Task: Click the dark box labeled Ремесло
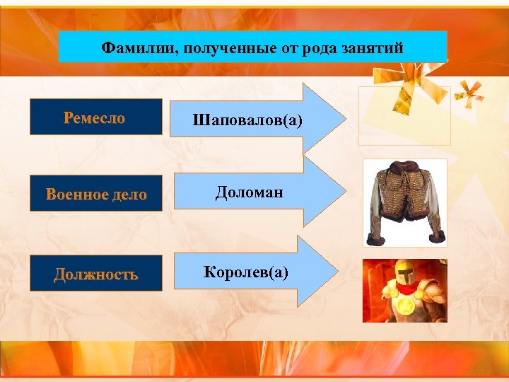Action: coord(95,117)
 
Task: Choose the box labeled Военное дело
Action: coord(95,195)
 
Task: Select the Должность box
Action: coord(95,274)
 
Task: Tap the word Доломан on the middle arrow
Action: coord(250,192)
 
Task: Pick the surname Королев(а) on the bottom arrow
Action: coord(246,271)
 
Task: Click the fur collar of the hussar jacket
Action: coord(404,170)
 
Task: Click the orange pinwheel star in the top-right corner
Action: coord(469,92)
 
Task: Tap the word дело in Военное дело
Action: coord(127,195)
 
